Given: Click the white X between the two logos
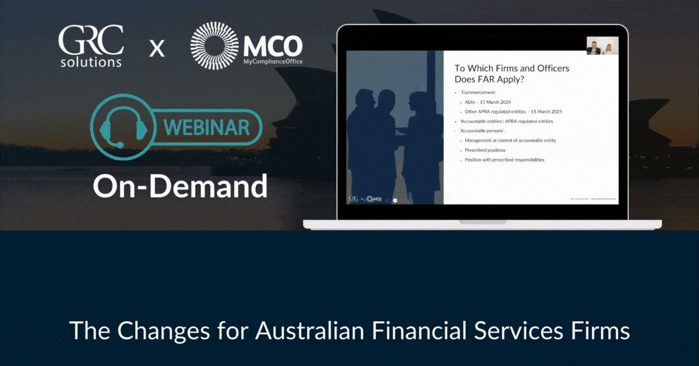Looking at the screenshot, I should pos(156,48).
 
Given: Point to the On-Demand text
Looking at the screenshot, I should pos(181,186).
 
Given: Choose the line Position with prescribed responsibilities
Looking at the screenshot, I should pos(504,160).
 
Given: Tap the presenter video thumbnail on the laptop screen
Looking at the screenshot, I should pos(602,46).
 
